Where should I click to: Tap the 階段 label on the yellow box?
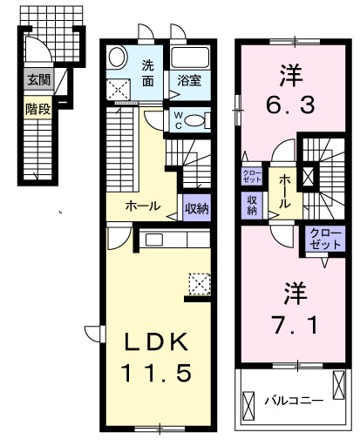(x=38, y=111)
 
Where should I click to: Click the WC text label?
(x=178, y=120)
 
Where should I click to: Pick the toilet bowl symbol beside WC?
(x=197, y=120)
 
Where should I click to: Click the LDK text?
(x=156, y=341)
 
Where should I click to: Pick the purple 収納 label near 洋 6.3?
(x=251, y=205)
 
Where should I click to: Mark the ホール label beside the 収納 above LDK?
(x=142, y=206)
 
